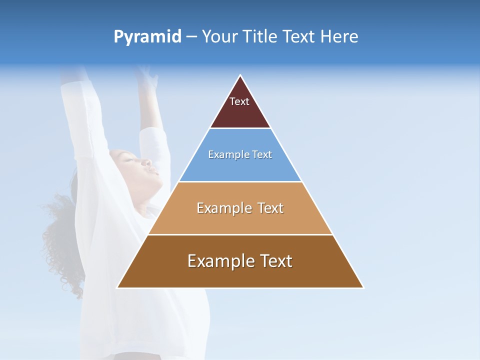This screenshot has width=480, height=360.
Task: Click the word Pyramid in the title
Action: coord(147,37)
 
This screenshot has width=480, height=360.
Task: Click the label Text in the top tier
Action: coord(239,101)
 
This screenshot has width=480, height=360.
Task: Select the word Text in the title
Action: coord(300,37)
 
